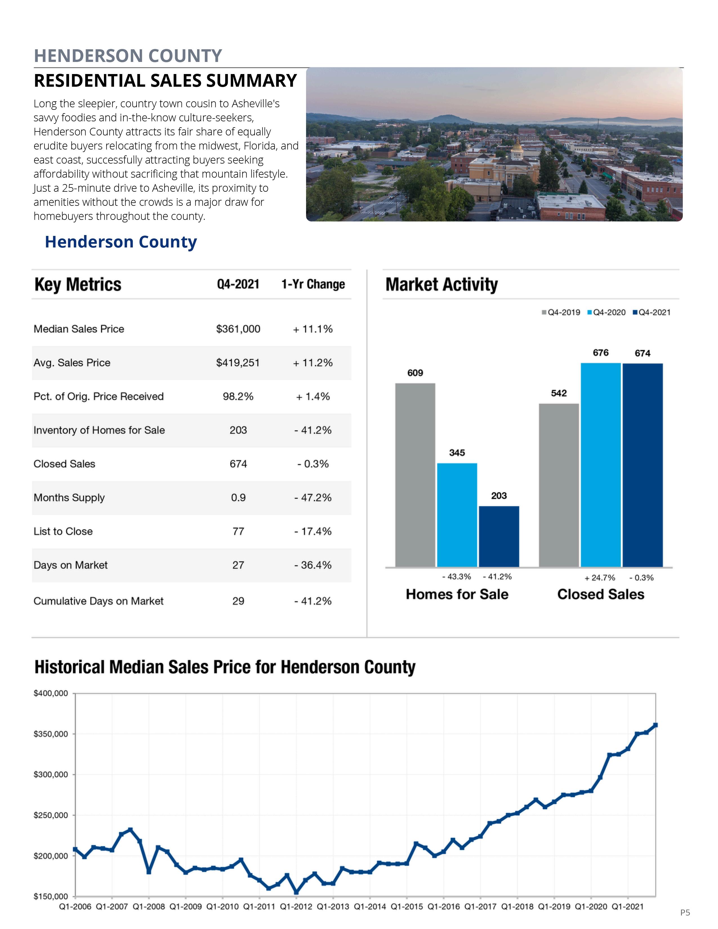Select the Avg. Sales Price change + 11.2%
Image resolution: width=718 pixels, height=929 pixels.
point(313,363)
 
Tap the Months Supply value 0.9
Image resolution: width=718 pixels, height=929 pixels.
point(238,498)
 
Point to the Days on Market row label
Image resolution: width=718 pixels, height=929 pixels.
point(71,565)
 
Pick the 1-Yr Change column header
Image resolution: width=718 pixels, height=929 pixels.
point(313,284)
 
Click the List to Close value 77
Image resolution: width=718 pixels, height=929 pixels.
point(238,531)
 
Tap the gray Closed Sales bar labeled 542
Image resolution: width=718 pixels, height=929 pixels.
point(559,485)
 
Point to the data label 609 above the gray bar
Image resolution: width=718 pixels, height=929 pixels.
point(415,373)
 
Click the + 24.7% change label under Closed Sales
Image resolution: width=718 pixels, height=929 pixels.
point(600,578)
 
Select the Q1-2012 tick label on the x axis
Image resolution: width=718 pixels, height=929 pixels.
point(296,906)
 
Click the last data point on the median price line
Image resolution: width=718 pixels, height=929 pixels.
point(655,725)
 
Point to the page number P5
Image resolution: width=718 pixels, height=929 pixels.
point(685,912)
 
